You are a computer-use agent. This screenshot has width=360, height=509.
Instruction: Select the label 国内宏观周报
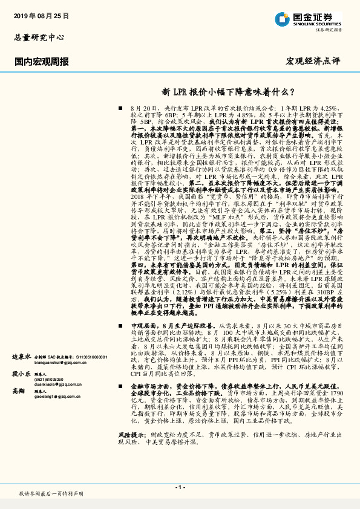coord(41,62)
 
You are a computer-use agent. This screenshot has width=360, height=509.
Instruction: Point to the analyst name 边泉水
coord(22,357)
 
